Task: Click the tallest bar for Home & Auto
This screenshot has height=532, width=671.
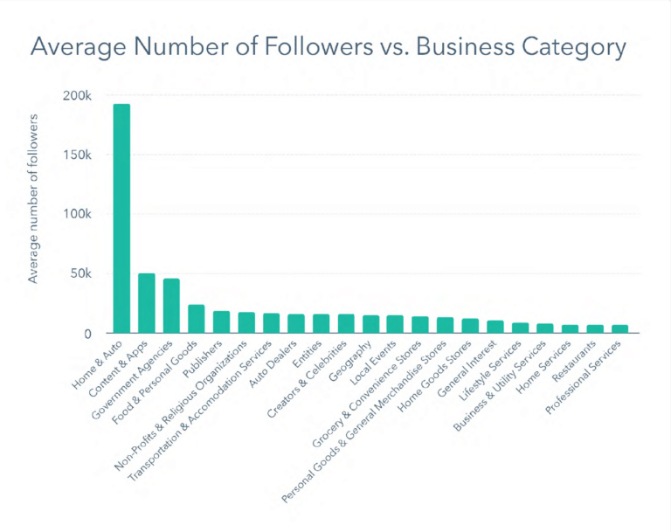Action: coord(121,218)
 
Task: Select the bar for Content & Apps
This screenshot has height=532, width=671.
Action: coord(147,303)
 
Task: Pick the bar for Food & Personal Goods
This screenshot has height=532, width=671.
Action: coord(197,319)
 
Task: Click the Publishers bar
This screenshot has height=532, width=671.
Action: coord(221,322)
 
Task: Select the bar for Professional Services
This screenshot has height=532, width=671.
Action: coord(619,329)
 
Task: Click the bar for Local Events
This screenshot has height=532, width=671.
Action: coord(395,324)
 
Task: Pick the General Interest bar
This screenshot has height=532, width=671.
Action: coord(495,327)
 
